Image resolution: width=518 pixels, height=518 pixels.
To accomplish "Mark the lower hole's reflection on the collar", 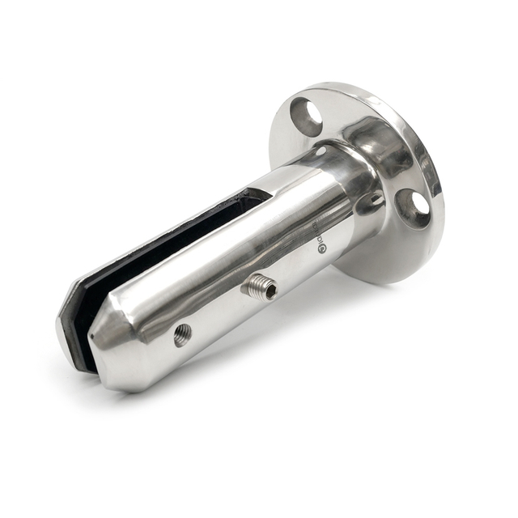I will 374,202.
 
